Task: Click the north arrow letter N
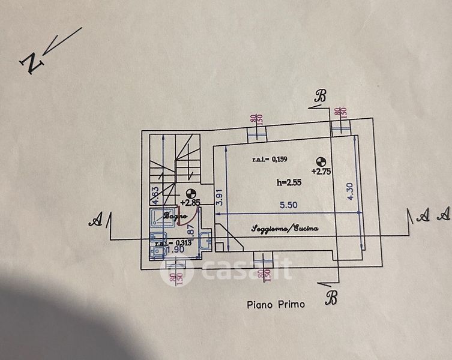30,63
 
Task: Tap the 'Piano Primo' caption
276,304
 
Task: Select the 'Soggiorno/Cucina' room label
284,229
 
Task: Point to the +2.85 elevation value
190,203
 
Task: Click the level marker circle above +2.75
321,160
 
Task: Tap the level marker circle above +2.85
191,193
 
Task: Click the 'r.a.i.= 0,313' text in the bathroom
172,243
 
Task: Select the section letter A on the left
94,222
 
